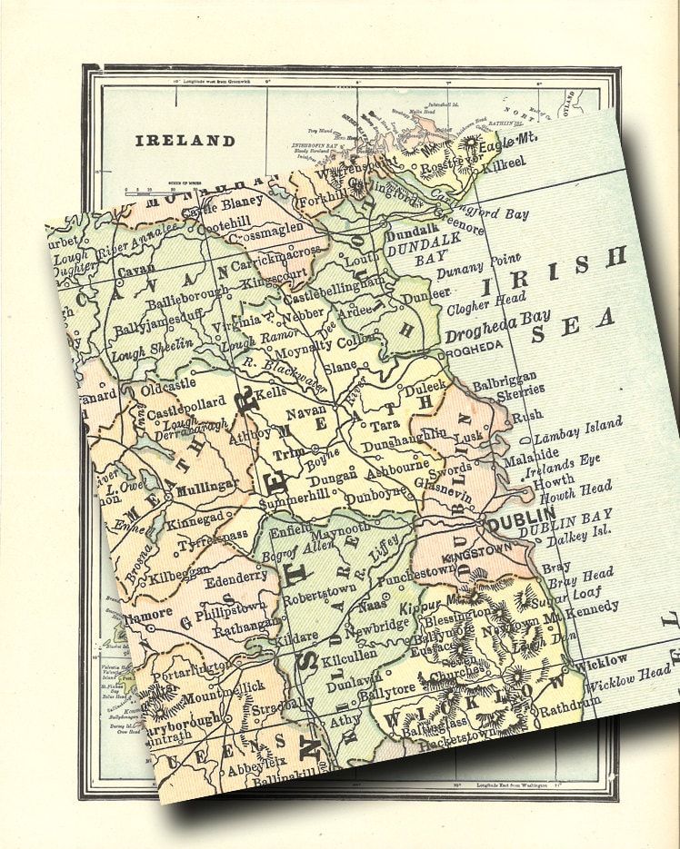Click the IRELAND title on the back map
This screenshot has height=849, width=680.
coord(185,141)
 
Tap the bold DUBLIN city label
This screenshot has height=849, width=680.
coord(515,523)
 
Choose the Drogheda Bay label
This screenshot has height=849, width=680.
coord(497,326)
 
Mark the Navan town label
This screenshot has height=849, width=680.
coord(313,411)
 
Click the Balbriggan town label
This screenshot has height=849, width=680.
coord(504,376)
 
